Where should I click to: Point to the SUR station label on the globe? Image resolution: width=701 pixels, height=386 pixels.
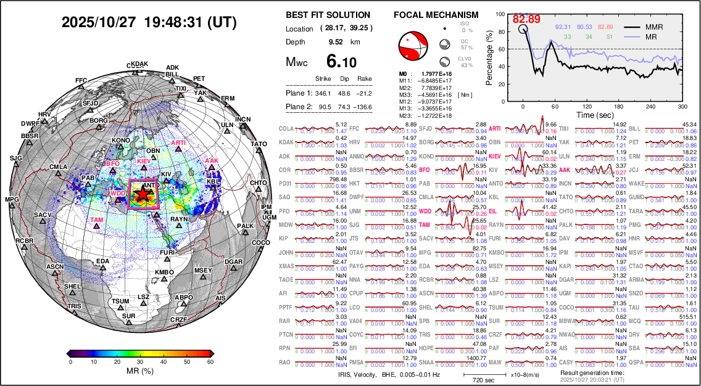[x=128, y=316]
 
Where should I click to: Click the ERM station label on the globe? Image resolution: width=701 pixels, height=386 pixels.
[x=228, y=98]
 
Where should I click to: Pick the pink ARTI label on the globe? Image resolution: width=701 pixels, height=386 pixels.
[x=178, y=143]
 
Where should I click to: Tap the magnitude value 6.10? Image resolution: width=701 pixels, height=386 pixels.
[x=341, y=62]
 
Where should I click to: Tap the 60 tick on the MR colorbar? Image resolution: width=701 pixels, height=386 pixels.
[x=210, y=362]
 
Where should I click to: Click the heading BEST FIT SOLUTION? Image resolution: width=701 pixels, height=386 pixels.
[x=328, y=15]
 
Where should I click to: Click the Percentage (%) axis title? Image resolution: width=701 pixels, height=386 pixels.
[x=489, y=59]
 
